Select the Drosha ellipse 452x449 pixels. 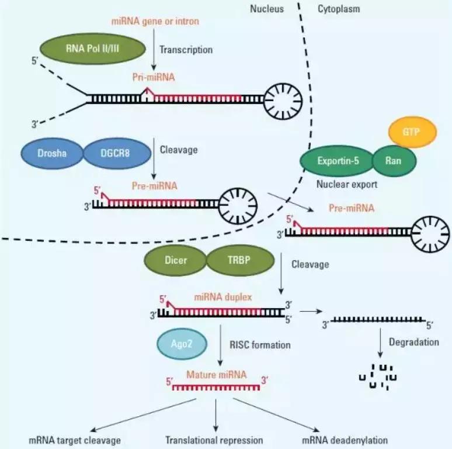52,154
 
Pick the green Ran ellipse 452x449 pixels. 394,160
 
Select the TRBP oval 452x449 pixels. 238,260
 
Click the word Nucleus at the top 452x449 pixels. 267,9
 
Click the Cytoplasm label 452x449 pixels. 339,9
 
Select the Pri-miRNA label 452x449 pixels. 152,77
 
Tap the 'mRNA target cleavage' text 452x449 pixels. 74,440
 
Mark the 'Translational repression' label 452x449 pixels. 214,440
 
